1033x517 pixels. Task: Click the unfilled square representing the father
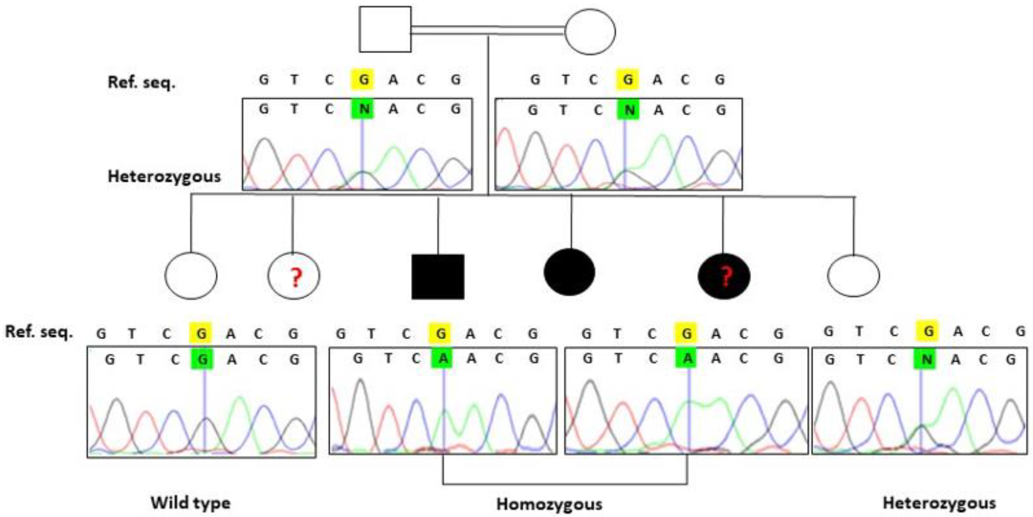point(385,29)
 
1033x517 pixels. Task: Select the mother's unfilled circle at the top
point(590,32)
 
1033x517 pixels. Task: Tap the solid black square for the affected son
point(438,277)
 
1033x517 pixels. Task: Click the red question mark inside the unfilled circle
point(296,278)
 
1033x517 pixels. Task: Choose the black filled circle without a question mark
point(570,272)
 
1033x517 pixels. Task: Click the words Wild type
point(191,503)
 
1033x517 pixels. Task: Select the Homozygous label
point(549,504)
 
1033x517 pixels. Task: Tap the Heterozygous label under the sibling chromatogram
point(939,503)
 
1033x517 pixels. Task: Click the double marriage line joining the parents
point(487,30)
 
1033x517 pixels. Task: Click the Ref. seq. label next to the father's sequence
point(141,83)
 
